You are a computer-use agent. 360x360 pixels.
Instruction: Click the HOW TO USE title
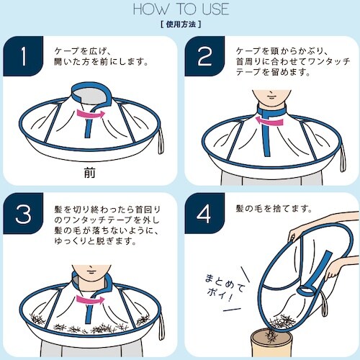click(x=180, y=10)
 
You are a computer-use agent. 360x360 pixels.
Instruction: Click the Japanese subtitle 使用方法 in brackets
click(x=180, y=24)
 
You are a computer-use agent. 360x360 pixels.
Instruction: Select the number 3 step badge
click(x=25, y=215)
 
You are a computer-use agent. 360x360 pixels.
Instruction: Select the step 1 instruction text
click(x=101, y=56)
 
